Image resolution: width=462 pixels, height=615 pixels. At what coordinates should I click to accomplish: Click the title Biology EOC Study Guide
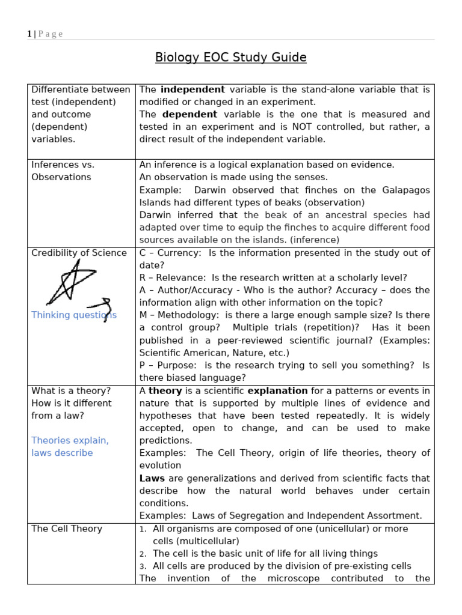[231, 58]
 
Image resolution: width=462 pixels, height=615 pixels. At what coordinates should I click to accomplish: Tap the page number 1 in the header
[29, 34]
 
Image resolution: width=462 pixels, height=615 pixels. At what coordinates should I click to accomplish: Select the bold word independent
[192, 89]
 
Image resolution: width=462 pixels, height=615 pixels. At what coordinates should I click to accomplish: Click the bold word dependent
[189, 114]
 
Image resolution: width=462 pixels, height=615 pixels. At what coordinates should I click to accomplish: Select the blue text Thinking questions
[74, 315]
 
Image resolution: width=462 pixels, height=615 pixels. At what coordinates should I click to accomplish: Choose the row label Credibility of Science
[79, 253]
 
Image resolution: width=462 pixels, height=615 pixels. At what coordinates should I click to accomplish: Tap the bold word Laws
[152, 479]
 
